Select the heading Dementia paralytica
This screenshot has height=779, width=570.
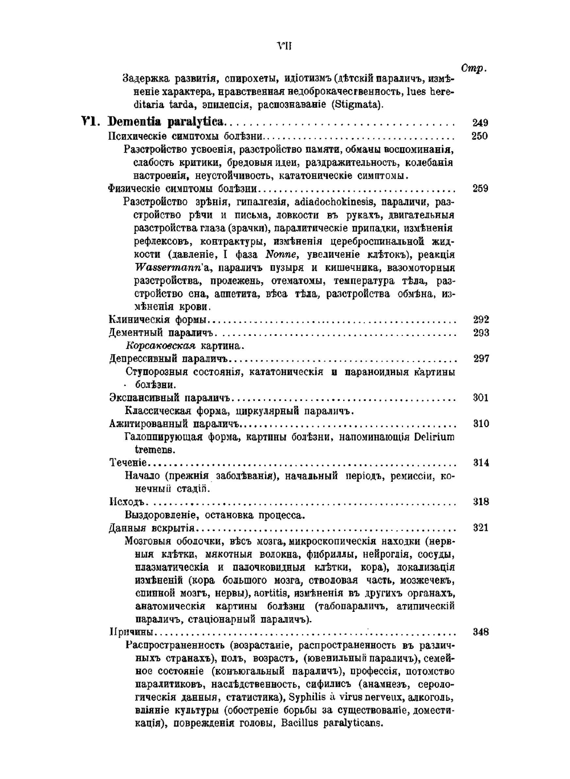tap(167, 122)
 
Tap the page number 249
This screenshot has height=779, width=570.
tap(480, 123)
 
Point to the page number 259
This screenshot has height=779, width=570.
tap(480, 189)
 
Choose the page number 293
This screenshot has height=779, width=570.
tap(481, 332)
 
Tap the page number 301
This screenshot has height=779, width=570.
tap(481, 397)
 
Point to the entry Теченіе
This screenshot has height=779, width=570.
tap(128, 462)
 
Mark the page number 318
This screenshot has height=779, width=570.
tap(481, 502)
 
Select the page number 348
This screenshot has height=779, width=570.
tap(481, 632)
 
